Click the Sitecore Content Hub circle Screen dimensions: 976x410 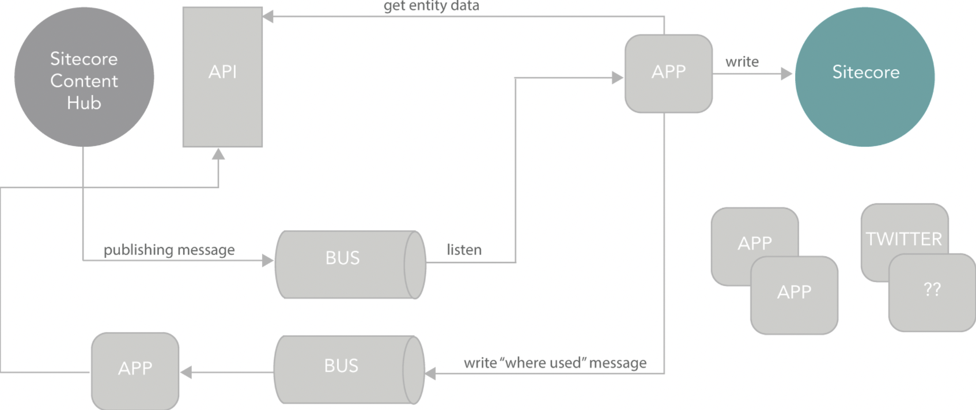tap(84, 77)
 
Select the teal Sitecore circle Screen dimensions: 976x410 tap(865, 77)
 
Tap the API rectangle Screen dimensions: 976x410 tap(222, 77)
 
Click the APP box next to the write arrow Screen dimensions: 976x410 tap(669, 74)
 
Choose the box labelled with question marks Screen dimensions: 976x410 tap(932, 293)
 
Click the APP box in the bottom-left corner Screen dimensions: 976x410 tap(135, 371)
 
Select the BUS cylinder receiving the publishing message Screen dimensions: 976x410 tap(351, 264)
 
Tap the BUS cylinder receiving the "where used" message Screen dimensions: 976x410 tap(350, 370)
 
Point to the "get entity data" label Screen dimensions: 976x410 tap(432, 6)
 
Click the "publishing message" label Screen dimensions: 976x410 tap(169, 250)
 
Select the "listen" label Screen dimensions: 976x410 tap(464, 250)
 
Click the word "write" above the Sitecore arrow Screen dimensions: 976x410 tap(742, 62)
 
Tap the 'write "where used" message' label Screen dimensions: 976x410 tap(555, 363)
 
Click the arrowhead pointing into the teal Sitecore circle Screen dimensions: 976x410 tap(786, 74)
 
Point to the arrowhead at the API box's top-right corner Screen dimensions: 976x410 tap(268, 17)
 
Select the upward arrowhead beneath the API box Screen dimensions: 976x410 tap(218, 154)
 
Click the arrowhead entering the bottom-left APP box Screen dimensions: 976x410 tap(186, 372)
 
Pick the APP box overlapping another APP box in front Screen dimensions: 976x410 tap(795, 295)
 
